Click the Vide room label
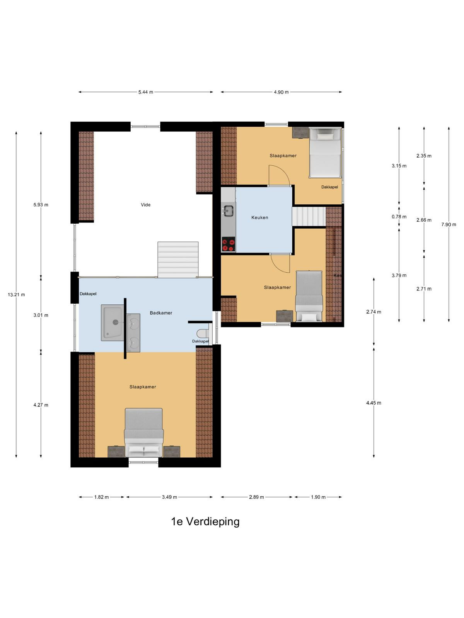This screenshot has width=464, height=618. point(145,205)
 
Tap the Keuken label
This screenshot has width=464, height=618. point(259,217)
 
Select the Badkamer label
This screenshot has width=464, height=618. point(161,313)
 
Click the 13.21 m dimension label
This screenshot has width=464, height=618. point(16,295)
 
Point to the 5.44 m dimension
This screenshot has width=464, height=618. point(146,92)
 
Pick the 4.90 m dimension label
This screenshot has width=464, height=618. point(281,92)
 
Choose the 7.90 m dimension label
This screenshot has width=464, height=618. point(449,224)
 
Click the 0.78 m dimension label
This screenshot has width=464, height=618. point(399,217)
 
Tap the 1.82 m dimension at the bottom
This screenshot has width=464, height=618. point(101,497)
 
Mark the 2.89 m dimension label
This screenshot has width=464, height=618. point(256,497)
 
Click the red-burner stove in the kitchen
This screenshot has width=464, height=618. point(228,244)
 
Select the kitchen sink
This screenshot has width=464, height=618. point(228,211)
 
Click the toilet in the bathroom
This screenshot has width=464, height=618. point(203,334)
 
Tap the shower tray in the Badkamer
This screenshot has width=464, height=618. point(113,323)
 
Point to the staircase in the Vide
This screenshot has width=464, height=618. point(178,260)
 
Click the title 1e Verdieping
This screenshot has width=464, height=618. point(205,521)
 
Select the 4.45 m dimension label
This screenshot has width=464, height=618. point(374,403)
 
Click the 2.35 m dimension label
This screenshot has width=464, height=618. point(424,156)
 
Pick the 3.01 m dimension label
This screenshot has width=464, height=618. point(41,315)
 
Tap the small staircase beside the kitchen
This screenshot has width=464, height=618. point(309,217)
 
